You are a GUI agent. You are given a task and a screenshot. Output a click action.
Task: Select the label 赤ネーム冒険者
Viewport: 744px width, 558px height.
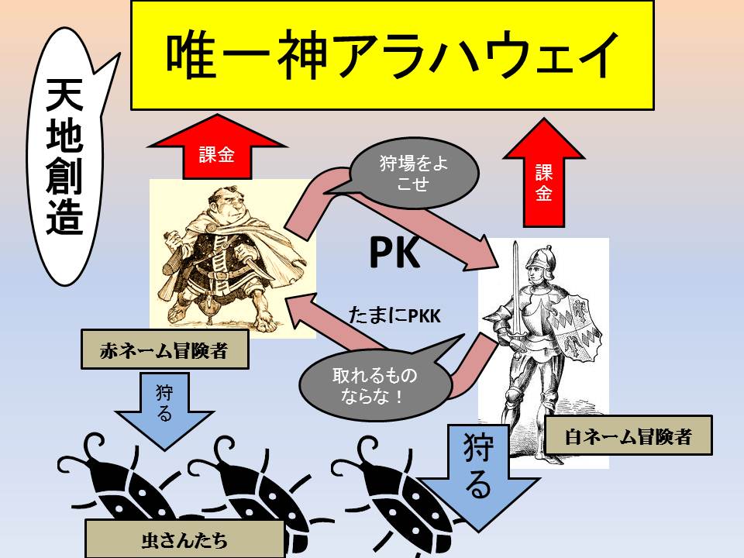(x=164, y=351)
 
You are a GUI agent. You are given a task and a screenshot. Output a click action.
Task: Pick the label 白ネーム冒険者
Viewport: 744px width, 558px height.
(x=628, y=437)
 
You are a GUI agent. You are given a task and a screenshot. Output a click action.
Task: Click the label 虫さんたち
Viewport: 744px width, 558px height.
(x=184, y=538)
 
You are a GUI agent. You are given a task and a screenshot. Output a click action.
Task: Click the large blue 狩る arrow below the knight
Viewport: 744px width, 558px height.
(x=478, y=469)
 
